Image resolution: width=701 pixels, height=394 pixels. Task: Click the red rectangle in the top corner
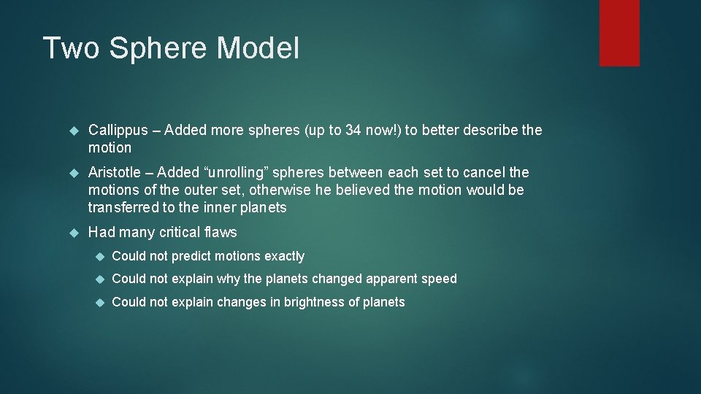[619, 33]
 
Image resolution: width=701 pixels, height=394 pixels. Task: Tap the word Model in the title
[258, 48]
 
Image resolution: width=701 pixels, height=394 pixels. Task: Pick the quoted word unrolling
[236, 173]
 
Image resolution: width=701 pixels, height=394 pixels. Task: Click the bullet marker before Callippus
[73, 131]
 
